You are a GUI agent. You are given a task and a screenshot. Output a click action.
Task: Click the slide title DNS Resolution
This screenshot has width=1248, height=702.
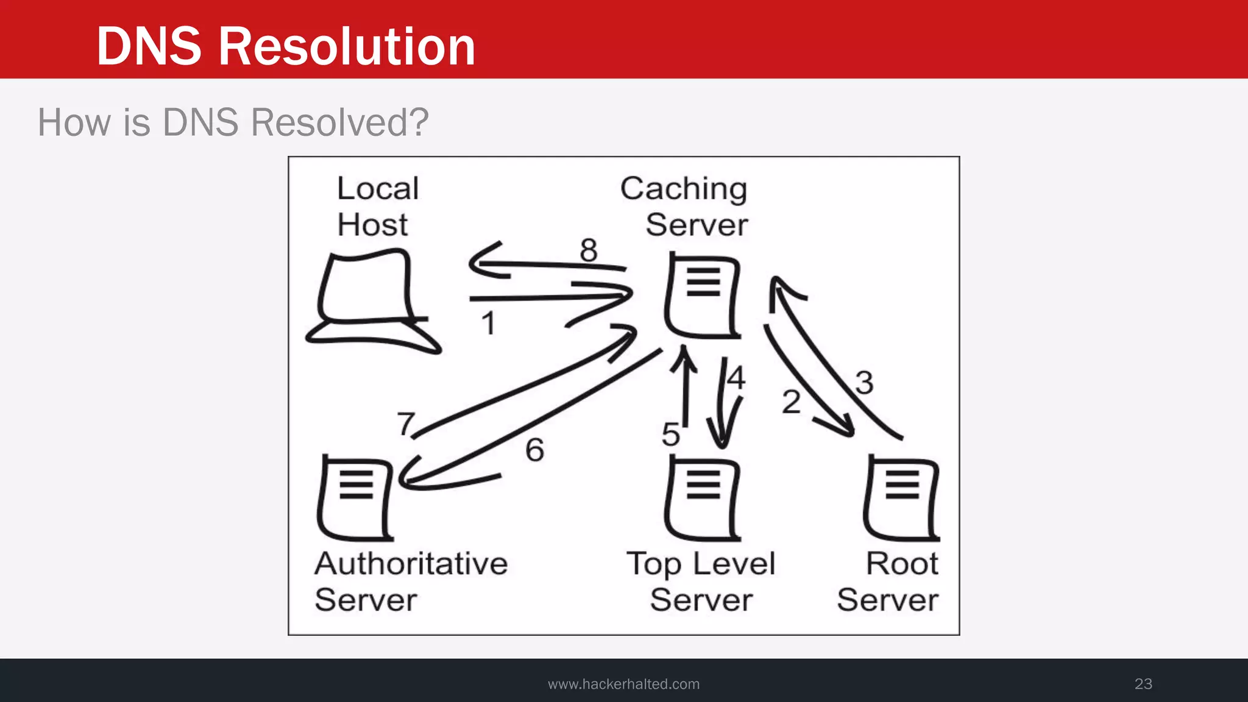click(x=285, y=46)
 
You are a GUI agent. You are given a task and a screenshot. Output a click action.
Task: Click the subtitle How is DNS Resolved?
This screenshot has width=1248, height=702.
click(x=233, y=122)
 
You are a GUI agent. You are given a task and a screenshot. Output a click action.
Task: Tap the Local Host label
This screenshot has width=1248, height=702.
click(x=377, y=206)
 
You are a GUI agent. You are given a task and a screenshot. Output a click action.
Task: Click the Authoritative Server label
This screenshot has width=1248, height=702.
click(x=411, y=581)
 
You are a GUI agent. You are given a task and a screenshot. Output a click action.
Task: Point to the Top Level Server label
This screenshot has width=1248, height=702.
click(x=701, y=581)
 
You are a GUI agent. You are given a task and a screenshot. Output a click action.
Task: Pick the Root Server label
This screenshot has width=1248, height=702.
click(x=888, y=581)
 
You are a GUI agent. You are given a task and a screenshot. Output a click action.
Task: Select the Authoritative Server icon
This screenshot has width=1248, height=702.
click(x=356, y=498)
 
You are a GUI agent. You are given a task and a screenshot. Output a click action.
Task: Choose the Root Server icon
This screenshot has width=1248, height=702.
click(x=902, y=498)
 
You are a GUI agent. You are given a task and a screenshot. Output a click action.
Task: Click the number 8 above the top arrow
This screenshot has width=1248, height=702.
click(x=588, y=250)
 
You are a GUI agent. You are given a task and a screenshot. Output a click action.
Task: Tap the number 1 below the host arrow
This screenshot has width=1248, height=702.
click(x=488, y=323)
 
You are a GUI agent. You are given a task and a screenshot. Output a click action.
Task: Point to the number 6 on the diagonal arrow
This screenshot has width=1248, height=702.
click(x=534, y=450)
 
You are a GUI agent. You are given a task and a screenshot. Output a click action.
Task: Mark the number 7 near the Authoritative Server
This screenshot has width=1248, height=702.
click(x=406, y=423)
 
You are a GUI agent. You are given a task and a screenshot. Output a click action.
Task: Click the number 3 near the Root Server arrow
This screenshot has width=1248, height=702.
click(x=864, y=383)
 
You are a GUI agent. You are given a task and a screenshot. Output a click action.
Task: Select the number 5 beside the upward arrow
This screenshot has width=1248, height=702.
click(x=670, y=434)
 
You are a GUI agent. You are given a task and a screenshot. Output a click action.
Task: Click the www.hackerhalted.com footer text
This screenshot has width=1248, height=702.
click(x=623, y=684)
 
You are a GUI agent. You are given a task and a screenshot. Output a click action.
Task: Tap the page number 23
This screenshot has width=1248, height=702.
click(x=1143, y=684)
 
